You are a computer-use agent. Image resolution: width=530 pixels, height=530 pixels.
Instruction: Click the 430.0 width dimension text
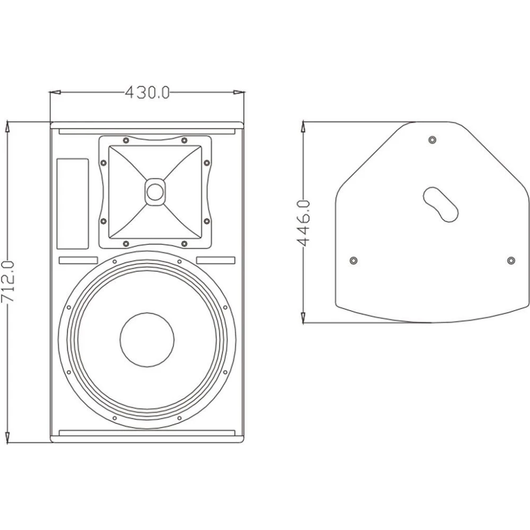coord(147,93)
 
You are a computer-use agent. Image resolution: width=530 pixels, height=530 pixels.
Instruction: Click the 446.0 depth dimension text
coord(303,223)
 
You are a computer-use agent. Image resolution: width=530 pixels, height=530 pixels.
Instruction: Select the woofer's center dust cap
coord(147,340)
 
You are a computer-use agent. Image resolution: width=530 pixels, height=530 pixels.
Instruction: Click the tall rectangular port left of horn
coord(73,204)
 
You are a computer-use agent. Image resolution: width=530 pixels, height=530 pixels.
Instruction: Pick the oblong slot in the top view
coord(441,202)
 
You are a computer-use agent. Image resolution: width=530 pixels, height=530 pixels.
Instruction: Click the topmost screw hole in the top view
coord(432,140)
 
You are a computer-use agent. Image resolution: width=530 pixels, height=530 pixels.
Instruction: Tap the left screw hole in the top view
coord(354,260)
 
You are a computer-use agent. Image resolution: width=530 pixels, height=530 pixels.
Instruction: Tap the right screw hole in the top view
coord(511,260)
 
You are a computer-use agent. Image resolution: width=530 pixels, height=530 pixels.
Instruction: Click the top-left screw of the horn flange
coord(125,140)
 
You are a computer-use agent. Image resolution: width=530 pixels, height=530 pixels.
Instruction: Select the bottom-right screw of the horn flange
coord(184,243)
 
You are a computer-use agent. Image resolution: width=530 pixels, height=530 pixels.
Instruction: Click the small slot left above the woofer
coord(78,260)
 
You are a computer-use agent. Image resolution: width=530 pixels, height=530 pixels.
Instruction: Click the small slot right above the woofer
coord(216,260)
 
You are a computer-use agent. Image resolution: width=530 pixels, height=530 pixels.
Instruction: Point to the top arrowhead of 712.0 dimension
coord(7,126)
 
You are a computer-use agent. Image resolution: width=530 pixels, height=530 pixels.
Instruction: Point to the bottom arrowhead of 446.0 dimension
coord(303,318)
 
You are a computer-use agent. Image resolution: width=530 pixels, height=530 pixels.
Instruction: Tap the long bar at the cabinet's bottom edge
coord(147,433)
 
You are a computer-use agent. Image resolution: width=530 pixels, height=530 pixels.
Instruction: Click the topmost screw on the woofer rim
coord(114,261)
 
